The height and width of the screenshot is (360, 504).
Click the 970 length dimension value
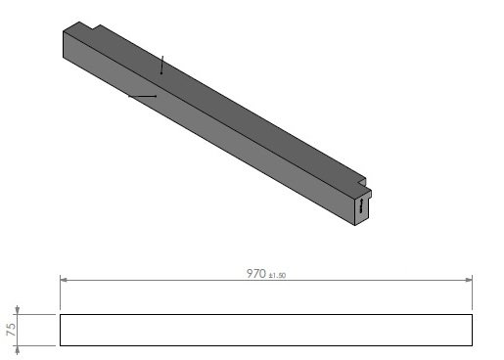(256, 274)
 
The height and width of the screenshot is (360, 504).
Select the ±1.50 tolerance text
(277, 276)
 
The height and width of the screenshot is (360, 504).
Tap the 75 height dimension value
(12, 330)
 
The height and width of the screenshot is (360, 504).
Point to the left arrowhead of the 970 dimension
(65, 280)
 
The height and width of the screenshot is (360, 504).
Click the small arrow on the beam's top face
(162, 67)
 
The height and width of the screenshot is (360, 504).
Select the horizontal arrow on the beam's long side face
(143, 96)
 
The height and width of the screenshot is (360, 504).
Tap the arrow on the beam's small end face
(361, 207)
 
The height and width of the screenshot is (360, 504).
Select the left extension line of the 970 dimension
(61, 293)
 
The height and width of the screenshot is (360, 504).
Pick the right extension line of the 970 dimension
(472, 293)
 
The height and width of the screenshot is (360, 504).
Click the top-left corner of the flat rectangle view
(61, 315)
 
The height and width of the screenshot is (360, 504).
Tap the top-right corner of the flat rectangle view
(472, 315)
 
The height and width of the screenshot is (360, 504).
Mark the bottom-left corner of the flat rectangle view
(61, 345)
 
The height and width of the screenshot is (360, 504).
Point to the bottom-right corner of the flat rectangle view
(472, 345)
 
